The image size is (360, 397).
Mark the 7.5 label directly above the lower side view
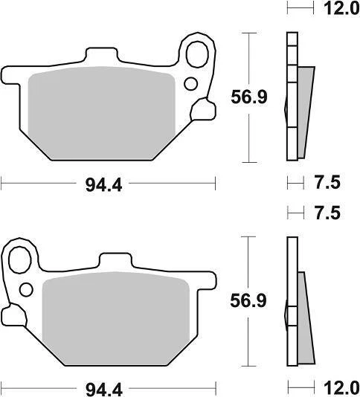324,213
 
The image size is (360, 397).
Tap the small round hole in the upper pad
191,83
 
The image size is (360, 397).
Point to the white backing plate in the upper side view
292,97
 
